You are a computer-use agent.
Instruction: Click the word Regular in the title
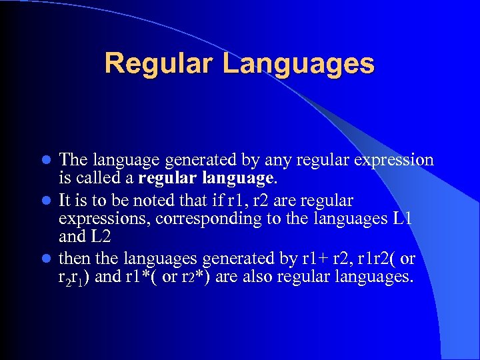[158, 63]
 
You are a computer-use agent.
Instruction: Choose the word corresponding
[201, 218]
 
